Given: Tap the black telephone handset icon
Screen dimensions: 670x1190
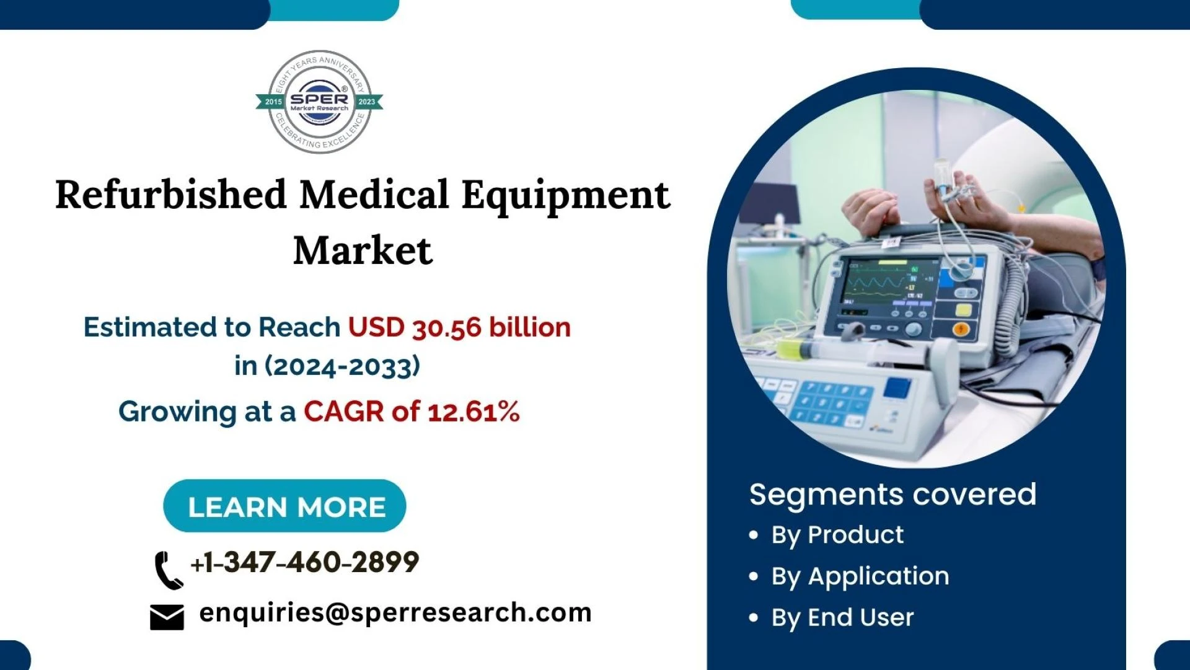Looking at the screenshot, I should (x=167, y=570).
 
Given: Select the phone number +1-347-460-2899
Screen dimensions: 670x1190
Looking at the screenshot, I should (x=305, y=562).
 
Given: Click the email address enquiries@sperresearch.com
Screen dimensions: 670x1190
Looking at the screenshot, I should (x=395, y=612).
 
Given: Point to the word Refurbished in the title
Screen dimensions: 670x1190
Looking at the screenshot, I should (x=170, y=195).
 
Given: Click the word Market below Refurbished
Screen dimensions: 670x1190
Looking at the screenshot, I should (x=363, y=250).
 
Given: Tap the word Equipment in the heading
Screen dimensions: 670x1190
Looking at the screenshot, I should (x=565, y=195).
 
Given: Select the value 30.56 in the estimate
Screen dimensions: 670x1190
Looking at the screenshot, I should (x=446, y=327).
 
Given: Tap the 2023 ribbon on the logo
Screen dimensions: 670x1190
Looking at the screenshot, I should (x=367, y=102).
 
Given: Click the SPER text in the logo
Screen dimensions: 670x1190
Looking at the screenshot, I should (x=319, y=99).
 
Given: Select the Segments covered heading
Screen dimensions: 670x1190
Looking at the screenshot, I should (x=892, y=494).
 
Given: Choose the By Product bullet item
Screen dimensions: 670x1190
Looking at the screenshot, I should (x=837, y=535).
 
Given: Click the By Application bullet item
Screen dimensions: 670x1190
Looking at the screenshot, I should (x=860, y=576).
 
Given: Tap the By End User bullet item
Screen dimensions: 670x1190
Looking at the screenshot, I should (x=842, y=618).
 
